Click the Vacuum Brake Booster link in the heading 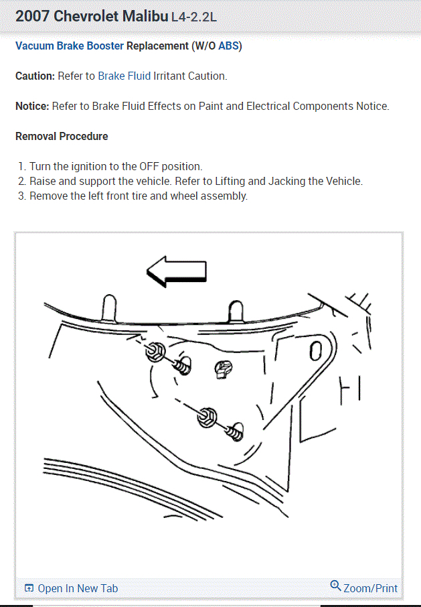(x=70, y=46)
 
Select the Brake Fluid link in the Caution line (x=124, y=76)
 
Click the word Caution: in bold (x=35, y=76)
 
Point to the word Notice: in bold (x=32, y=106)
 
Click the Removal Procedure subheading (x=62, y=136)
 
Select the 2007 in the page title (x=31, y=16)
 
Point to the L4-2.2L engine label (x=194, y=17)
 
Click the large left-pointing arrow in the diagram (x=177, y=271)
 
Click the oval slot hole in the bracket (x=317, y=350)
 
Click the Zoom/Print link (x=370, y=588)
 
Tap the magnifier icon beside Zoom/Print (x=336, y=586)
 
